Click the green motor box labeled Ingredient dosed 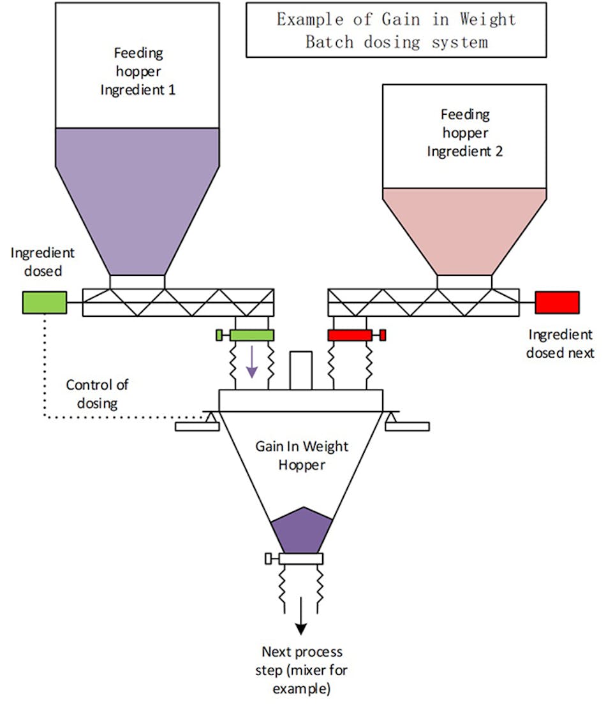tap(44, 302)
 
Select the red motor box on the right tap(557, 302)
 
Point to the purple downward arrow tap(253, 361)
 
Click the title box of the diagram tap(395, 30)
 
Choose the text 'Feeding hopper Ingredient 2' tap(465, 133)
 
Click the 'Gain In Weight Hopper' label tap(302, 455)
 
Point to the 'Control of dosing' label tap(97, 393)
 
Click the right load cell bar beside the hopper tap(408, 426)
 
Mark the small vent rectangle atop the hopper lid tap(300, 370)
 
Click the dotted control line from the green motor tap(44, 370)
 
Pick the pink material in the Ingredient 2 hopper tap(464, 230)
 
